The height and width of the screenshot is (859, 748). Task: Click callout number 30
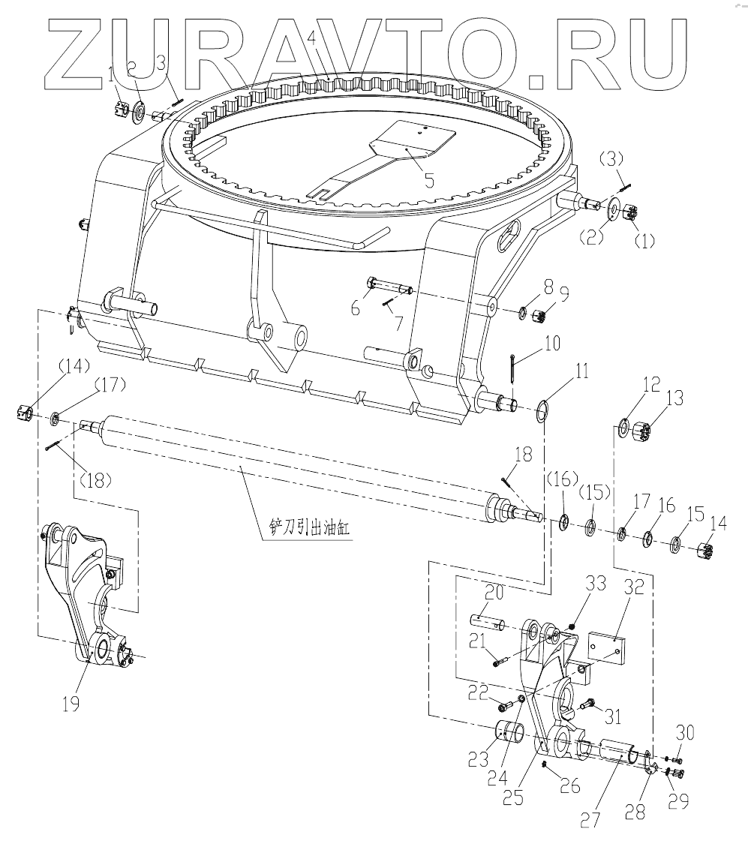click(686, 733)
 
